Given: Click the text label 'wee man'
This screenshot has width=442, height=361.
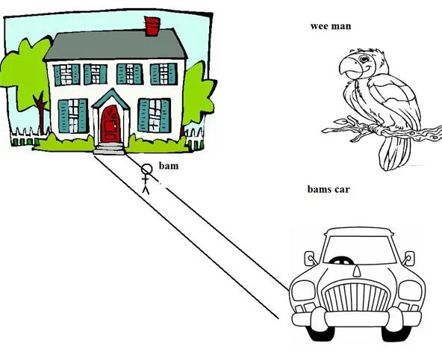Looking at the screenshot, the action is pos(331,26).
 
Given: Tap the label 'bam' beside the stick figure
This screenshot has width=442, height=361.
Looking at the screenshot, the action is pos(169,166).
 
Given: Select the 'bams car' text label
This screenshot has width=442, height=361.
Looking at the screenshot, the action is pos(329,189).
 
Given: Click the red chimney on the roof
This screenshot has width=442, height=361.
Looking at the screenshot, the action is pos(152,26).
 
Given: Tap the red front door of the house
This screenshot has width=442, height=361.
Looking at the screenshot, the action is pos(110,124).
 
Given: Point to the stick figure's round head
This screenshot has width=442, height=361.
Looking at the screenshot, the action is pos(147,170).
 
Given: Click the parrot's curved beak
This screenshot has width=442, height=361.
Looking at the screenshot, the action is pos(349,68).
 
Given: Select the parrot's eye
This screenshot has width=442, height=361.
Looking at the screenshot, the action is pos(364,59).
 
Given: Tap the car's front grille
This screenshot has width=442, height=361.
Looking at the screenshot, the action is pos(356,297).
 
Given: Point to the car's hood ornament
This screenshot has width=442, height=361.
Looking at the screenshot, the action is pos(357,271).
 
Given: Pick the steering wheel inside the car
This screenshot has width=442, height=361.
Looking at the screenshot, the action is pos(341,261).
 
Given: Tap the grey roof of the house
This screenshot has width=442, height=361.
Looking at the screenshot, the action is pos(115,45).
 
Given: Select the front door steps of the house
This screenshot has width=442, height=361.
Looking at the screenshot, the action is pos(109,149).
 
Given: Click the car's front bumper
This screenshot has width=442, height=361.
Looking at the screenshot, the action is pos(356,319).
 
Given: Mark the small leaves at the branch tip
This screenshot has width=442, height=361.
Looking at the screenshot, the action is pos(342,121).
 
